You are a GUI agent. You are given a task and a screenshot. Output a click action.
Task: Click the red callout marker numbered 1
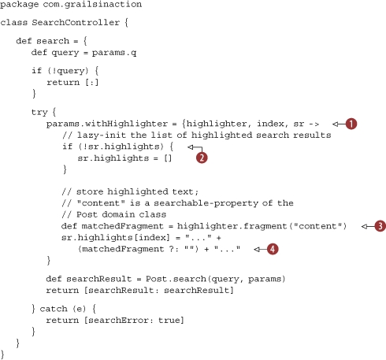pos(351,124)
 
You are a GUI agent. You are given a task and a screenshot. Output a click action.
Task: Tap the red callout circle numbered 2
pos(202,158)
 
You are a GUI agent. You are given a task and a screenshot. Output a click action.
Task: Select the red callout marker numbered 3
pos(380,226)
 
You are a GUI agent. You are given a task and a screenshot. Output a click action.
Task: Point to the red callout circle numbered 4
pos(273,249)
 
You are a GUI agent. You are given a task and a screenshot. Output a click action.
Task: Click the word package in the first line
pos(19,5)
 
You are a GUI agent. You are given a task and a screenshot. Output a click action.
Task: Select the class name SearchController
pos(76,22)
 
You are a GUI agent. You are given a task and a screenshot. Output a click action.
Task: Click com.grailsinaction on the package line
pos(92,5)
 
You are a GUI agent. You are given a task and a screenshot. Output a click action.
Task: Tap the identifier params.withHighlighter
pos(107,124)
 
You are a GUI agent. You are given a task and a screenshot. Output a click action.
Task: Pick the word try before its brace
pos(39,113)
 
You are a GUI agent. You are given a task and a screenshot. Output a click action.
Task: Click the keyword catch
pos(54,309)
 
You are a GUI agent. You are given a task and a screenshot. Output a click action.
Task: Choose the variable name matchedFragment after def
pos(122,226)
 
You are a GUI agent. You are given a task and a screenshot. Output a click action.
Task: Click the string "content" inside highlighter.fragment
pos(317,226)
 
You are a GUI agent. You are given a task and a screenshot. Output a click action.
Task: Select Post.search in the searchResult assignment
pos(176,279)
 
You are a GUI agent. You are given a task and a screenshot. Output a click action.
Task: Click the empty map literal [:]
pos(92,83)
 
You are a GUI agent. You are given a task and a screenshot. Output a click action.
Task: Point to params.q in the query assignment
pos(114,53)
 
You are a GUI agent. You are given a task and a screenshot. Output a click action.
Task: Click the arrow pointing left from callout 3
pos(368,226)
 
